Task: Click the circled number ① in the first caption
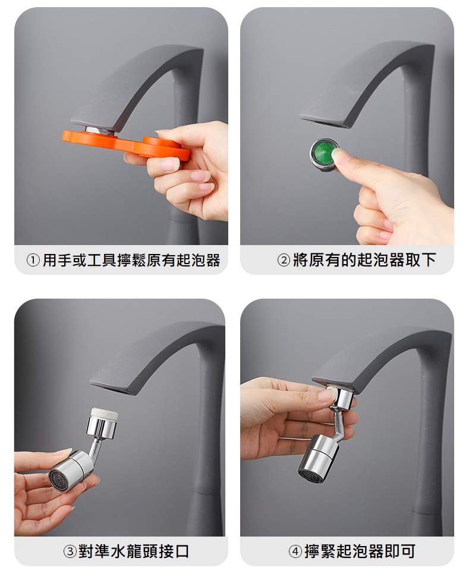click(x=33, y=261)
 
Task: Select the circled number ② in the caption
click(x=284, y=261)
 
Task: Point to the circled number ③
click(x=70, y=551)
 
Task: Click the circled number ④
click(x=295, y=551)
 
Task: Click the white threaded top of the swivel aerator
click(x=105, y=415)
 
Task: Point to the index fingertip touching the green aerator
click(x=339, y=155)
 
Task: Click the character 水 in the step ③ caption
click(x=118, y=551)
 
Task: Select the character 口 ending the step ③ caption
click(x=181, y=551)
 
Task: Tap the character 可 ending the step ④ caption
click(x=408, y=551)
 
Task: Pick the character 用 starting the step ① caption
click(x=50, y=260)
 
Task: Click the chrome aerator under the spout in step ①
click(x=100, y=131)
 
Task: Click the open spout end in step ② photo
click(x=325, y=121)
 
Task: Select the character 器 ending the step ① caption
click(x=213, y=260)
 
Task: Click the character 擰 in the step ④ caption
click(x=312, y=551)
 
